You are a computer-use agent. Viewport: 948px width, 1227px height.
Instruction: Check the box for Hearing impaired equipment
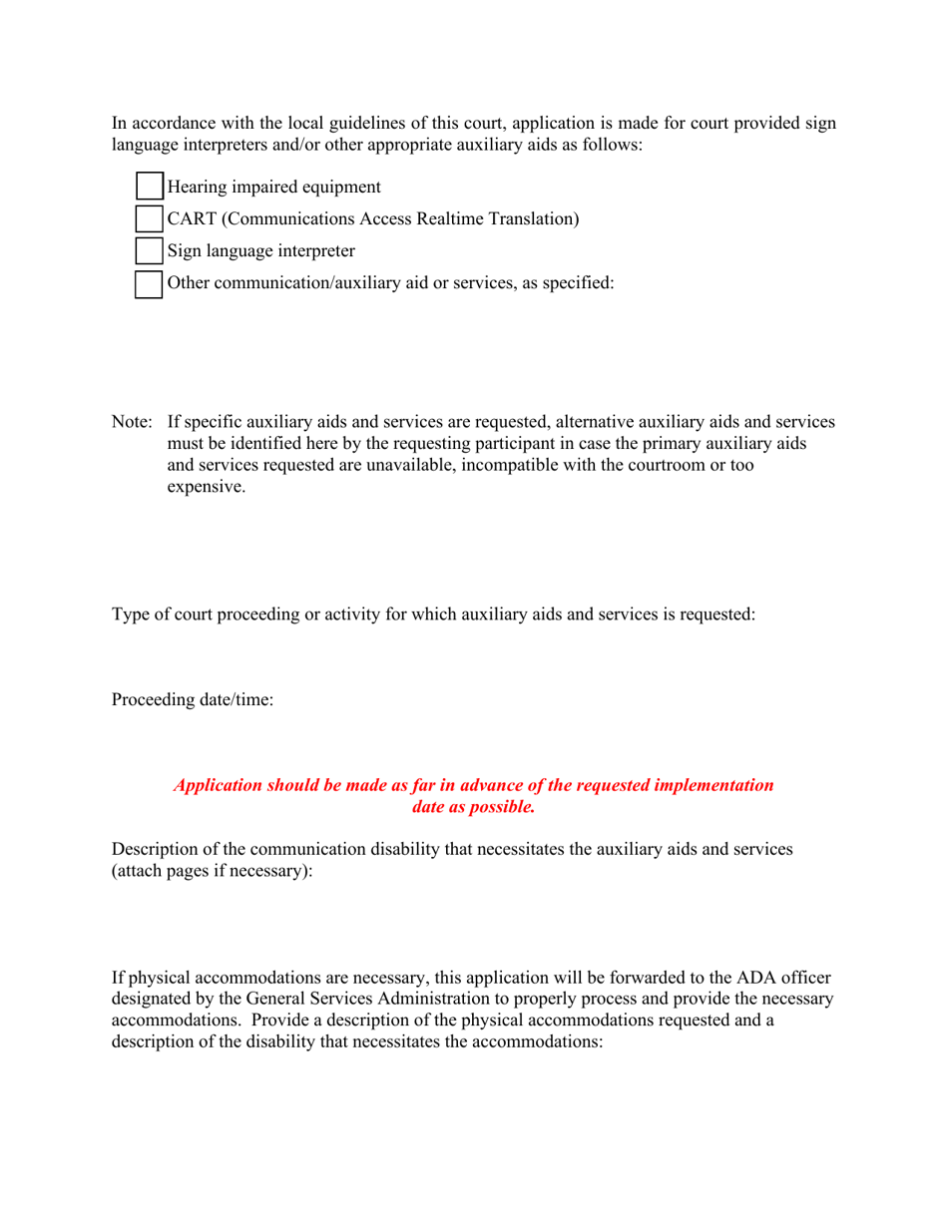[148, 187]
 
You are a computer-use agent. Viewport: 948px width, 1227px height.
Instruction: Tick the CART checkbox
[148, 218]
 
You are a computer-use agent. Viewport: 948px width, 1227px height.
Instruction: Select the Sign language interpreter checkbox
[148, 250]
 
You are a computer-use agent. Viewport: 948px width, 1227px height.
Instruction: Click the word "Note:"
[131, 422]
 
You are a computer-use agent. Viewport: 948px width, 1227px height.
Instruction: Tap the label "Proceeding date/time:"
[192, 700]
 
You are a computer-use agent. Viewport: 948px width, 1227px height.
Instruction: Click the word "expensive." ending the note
[206, 488]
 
